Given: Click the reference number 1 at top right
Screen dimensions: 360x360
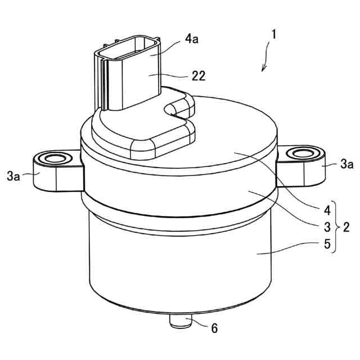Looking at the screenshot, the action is [273, 35].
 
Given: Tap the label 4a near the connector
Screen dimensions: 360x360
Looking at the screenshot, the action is [192, 39].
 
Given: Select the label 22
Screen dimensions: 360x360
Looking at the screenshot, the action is [199, 76].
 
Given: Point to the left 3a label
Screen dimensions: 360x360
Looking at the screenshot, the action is [13, 176].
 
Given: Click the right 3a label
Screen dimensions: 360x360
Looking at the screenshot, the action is [346, 164].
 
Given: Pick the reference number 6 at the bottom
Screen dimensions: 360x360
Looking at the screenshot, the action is [214, 328].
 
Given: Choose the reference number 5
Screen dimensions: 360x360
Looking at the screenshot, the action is [327, 244].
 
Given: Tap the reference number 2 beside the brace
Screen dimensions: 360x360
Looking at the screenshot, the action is [346, 227].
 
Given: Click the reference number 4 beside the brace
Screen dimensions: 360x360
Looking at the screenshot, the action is [327, 210].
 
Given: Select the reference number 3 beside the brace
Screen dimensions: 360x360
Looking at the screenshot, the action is [327, 227].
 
